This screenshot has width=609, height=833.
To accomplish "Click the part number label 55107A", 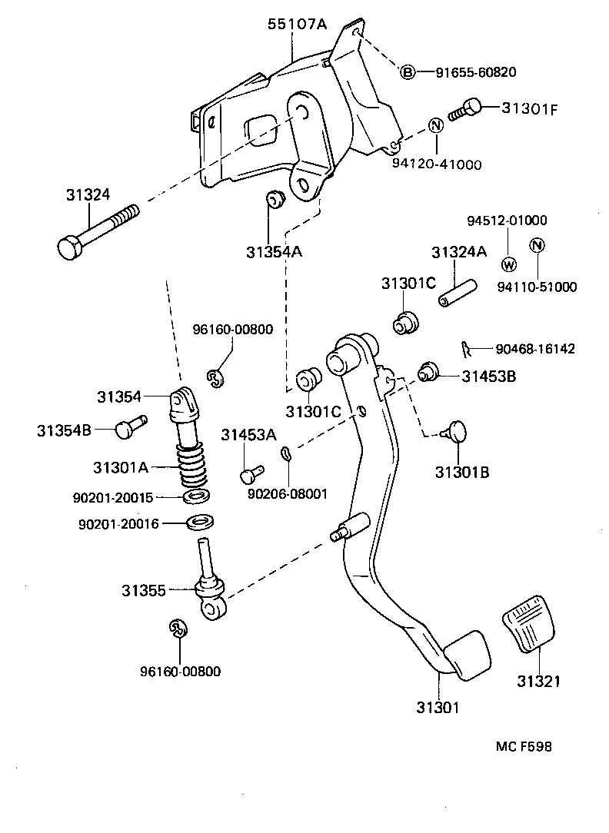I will [297, 25].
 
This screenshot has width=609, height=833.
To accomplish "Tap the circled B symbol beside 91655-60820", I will [408, 72].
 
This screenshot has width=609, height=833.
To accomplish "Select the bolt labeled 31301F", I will [467, 108].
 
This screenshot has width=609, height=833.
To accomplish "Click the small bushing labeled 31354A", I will [275, 201].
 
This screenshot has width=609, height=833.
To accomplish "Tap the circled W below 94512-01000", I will [507, 264].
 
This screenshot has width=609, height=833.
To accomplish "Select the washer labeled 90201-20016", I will [201, 523].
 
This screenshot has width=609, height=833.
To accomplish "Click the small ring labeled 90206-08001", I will [285, 454].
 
